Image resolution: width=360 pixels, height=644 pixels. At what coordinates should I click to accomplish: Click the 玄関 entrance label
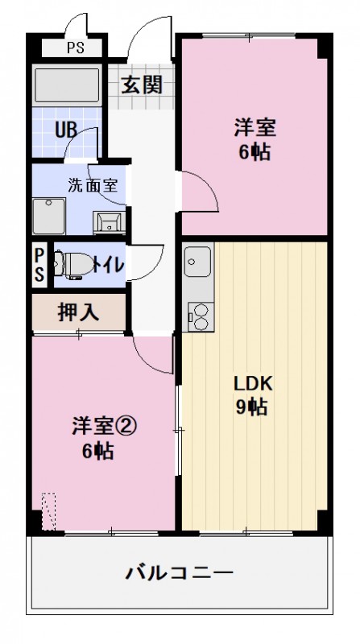tap(142, 85)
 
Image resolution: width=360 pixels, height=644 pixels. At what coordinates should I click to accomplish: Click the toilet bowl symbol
tap(73, 264)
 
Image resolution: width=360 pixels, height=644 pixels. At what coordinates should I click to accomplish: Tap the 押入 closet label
tap(78, 312)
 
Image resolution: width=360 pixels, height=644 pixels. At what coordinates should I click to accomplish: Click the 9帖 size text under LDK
tap(253, 407)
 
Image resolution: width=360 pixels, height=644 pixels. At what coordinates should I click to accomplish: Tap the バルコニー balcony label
tap(180, 574)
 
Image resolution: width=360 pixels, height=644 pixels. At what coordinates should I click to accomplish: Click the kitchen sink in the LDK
tap(197, 261)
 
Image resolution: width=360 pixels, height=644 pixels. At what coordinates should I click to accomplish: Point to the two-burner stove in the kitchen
tap(197, 315)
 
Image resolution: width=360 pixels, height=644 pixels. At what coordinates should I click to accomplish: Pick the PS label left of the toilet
tap(39, 264)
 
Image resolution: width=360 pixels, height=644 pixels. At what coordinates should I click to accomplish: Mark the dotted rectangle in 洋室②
tap(50, 512)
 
